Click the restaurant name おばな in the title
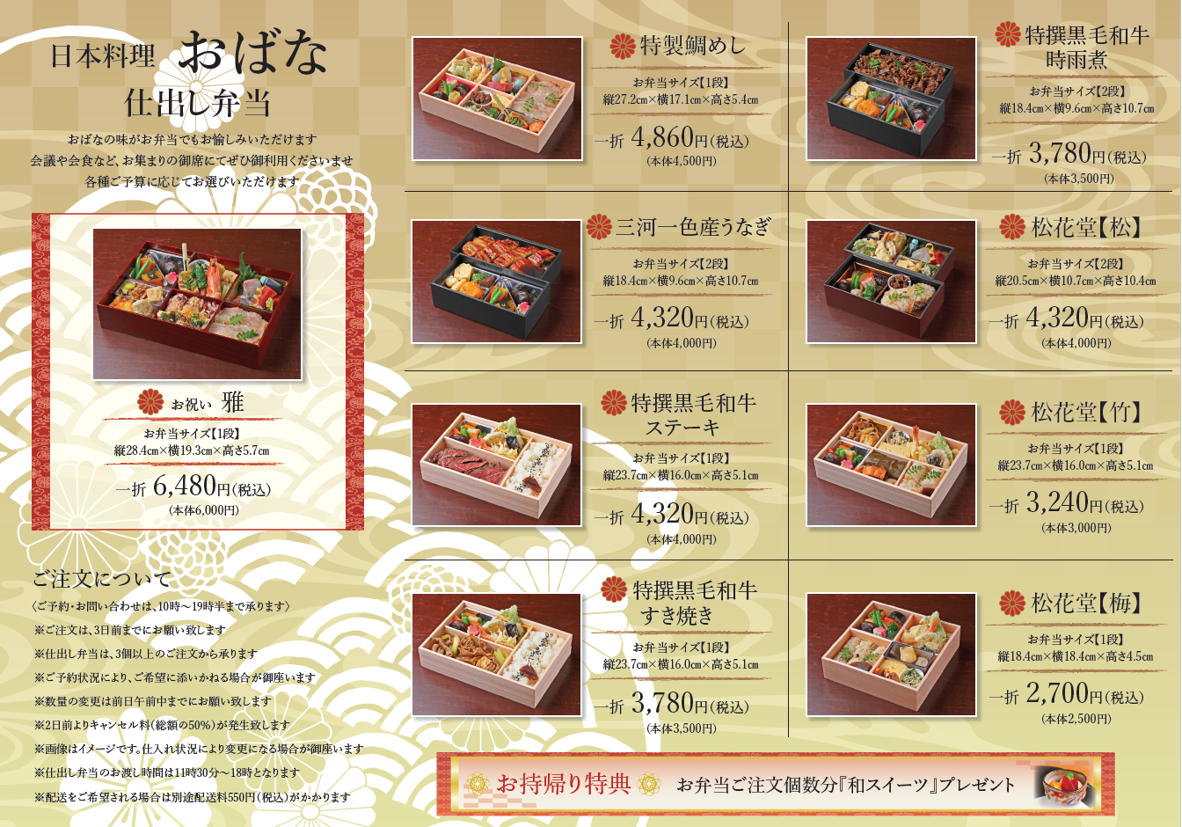[254, 55]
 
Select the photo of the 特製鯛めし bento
[497, 98]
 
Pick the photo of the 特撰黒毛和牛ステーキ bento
[497, 465]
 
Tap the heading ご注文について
[102, 579]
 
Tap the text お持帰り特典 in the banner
[564, 783]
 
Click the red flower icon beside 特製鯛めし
[623, 46]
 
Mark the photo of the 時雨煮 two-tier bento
[891, 98]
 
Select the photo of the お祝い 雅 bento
[197, 304]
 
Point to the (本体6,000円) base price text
[203, 510]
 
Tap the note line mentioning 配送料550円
[193, 797]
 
